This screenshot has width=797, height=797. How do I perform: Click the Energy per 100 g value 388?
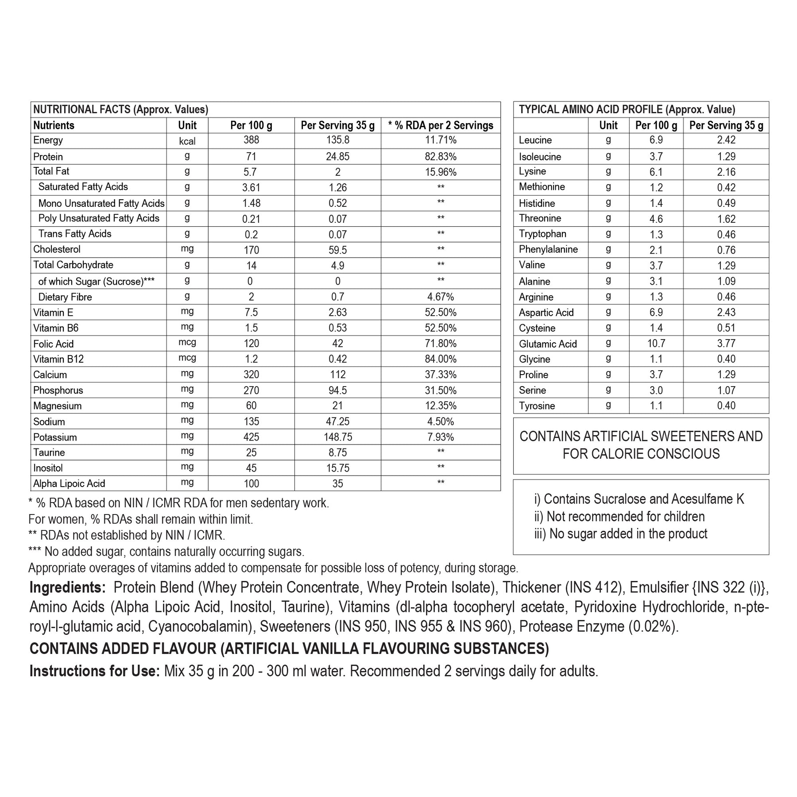click(251, 140)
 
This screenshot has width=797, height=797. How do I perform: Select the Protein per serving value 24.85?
click(337, 157)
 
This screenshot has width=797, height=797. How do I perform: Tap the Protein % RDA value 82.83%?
click(441, 157)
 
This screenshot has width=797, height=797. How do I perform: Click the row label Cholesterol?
click(57, 249)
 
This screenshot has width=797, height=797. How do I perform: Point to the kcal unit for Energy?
click(187, 141)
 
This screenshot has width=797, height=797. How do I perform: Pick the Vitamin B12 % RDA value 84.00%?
click(441, 359)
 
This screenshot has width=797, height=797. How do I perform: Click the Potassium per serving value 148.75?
click(337, 437)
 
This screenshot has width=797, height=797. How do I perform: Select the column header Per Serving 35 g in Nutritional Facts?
click(337, 125)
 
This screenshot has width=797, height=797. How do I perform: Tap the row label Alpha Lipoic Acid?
click(69, 484)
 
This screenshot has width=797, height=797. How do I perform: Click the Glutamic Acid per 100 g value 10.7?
click(656, 344)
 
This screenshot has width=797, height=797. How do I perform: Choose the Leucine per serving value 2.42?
click(726, 140)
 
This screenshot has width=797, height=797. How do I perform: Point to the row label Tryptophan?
click(542, 234)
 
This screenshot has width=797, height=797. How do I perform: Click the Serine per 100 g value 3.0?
click(656, 391)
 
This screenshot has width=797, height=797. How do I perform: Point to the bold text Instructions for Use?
click(94, 671)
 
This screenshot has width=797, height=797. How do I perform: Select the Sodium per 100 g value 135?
click(251, 422)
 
